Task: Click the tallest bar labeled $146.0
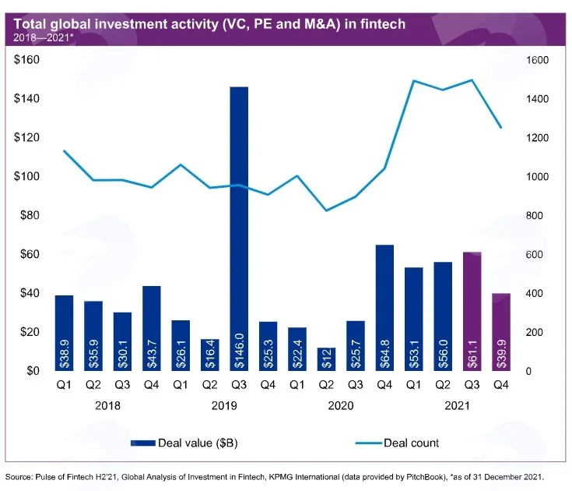point(239,228)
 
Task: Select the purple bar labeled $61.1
point(472,311)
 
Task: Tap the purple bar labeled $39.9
point(501,332)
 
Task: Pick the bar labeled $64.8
point(385,308)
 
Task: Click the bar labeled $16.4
point(210,355)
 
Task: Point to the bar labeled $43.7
point(152,328)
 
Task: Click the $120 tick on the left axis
point(26,137)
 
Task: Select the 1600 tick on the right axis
point(537,60)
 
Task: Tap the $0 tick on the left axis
point(33,371)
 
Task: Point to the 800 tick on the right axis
point(535,216)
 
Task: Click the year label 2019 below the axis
point(224,406)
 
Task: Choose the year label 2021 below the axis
point(457,406)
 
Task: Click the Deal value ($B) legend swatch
point(143,443)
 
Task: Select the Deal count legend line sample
point(369,443)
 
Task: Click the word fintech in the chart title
point(383,24)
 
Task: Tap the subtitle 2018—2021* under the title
point(44,37)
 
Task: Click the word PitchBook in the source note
point(425,477)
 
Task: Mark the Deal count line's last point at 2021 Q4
point(501,128)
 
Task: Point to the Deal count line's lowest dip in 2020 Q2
point(326,210)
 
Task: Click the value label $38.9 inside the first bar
point(64,353)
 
